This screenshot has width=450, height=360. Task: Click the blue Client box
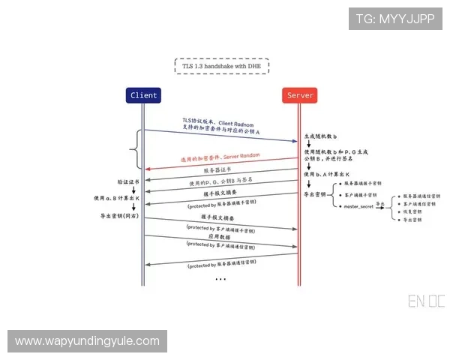pyautogui.click(x=143, y=95)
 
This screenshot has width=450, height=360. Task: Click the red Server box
pyautogui.click(x=300, y=95)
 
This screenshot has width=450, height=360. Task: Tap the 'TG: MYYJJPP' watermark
pyautogui.click(x=396, y=18)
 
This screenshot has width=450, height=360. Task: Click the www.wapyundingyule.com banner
pyautogui.click(x=87, y=341)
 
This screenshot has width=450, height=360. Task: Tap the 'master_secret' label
pyautogui.click(x=358, y=205)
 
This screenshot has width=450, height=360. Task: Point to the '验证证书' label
pyautogui.click(x=128, y=181)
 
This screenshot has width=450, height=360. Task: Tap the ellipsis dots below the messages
pyautogui.click(x=220, y=279)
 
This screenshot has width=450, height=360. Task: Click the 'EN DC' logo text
pyautogui.click(x=426, y=301)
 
